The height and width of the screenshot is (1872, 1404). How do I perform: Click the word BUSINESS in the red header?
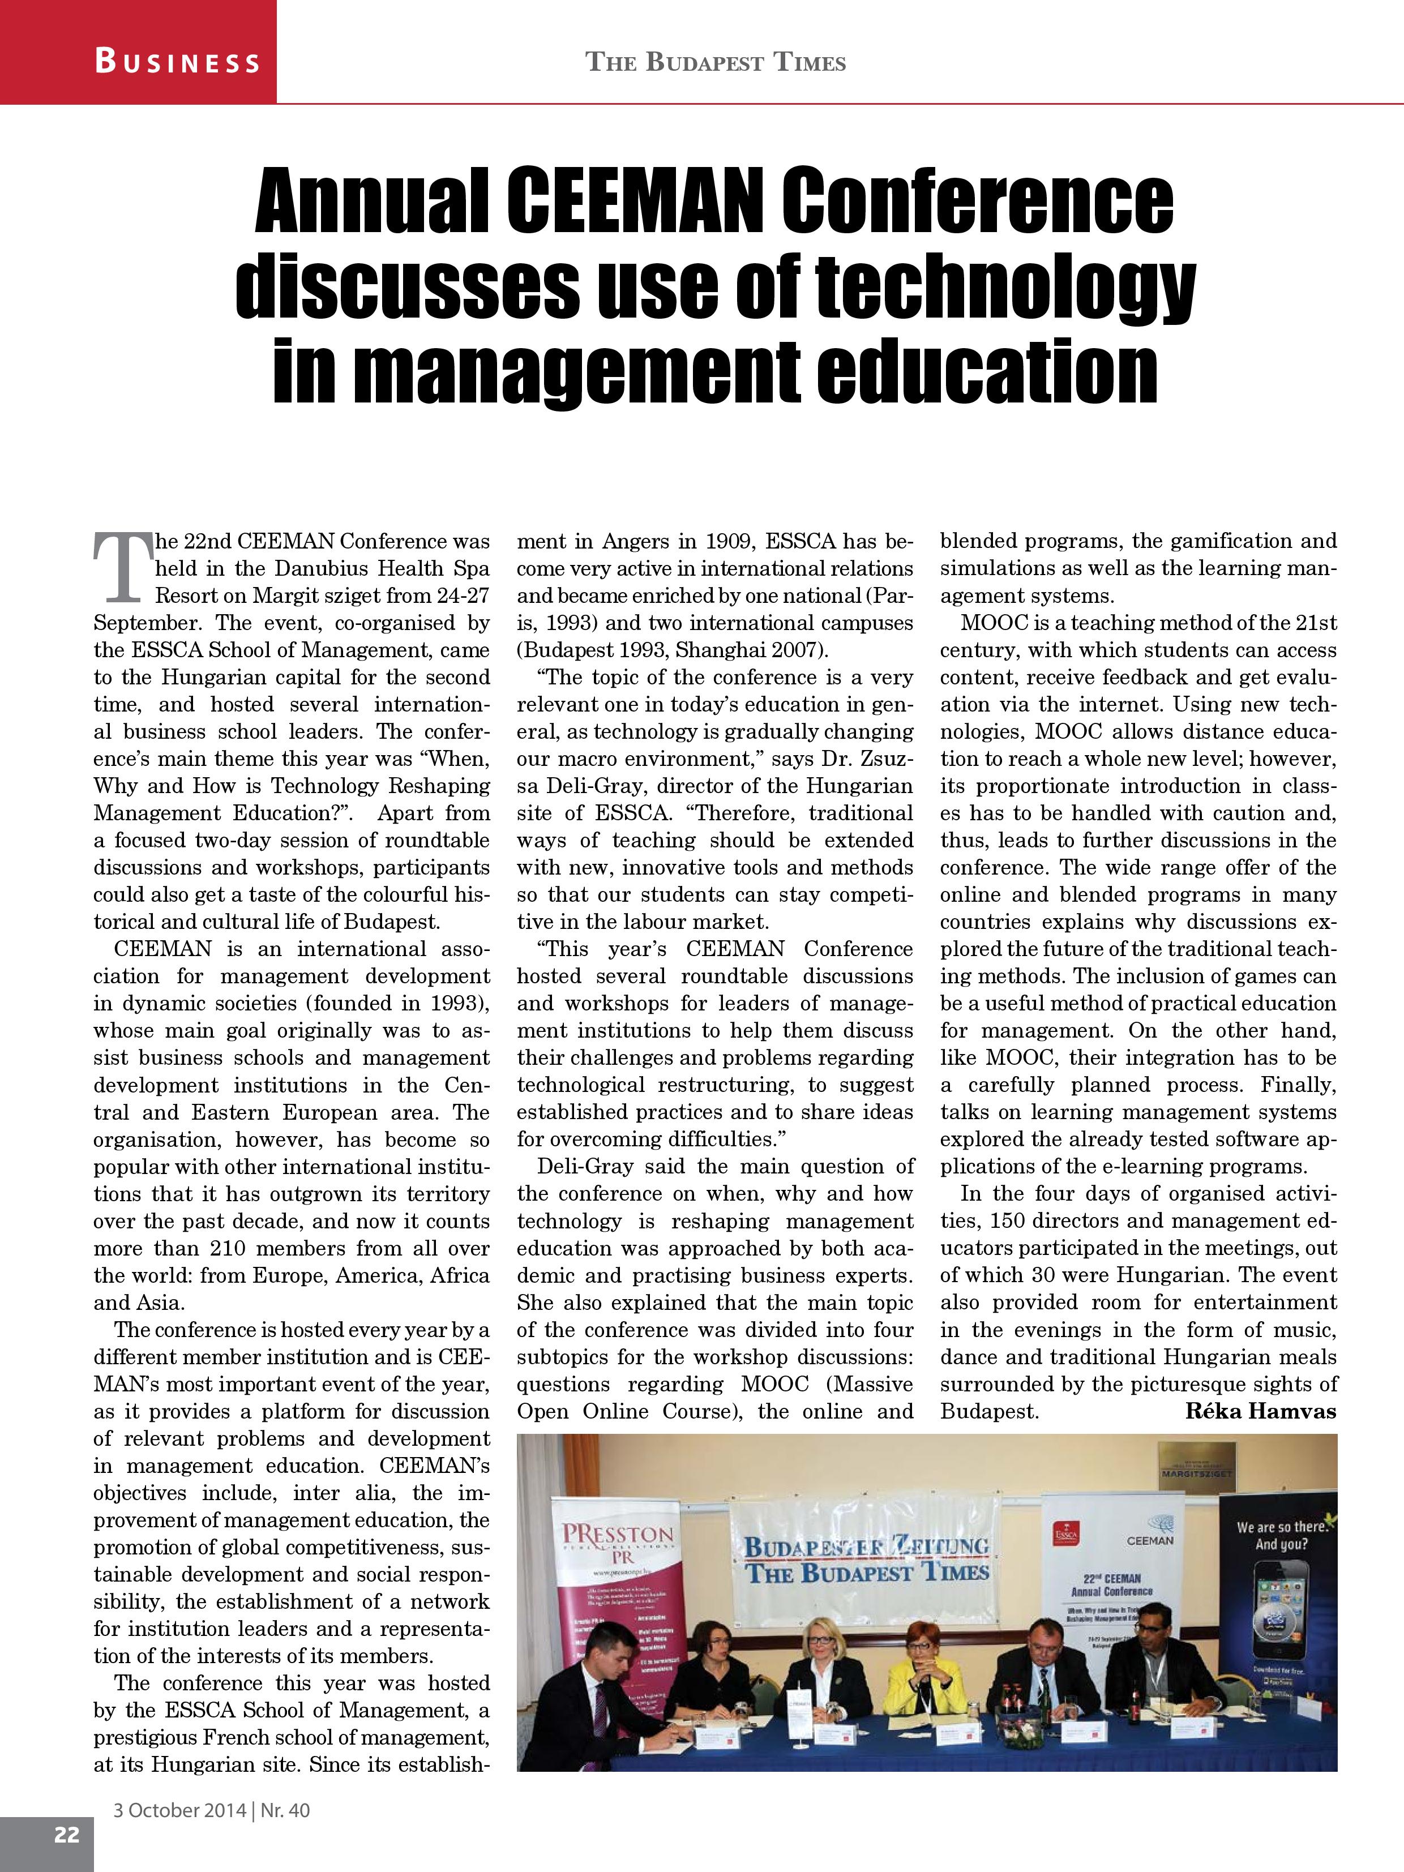point(177,62)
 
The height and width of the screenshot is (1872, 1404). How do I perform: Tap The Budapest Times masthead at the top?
point(716,63)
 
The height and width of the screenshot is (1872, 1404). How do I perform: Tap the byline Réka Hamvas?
point(1260,1411)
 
